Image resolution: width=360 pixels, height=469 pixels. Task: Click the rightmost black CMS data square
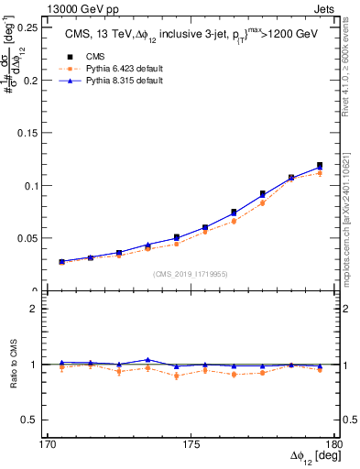tap(320, 166)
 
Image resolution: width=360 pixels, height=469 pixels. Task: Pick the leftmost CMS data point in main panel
tap(62, 262)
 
